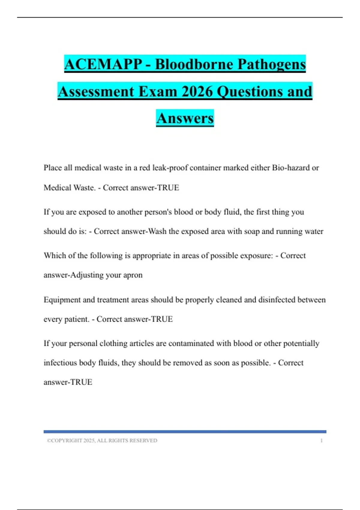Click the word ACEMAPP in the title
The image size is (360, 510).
coord(103,64)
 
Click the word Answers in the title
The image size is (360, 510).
coord(185,118)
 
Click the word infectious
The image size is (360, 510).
coord(60,363)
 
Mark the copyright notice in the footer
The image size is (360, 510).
coord(102,441)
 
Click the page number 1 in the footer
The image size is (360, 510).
coord(321,441)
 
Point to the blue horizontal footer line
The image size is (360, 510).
coord(185,432)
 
